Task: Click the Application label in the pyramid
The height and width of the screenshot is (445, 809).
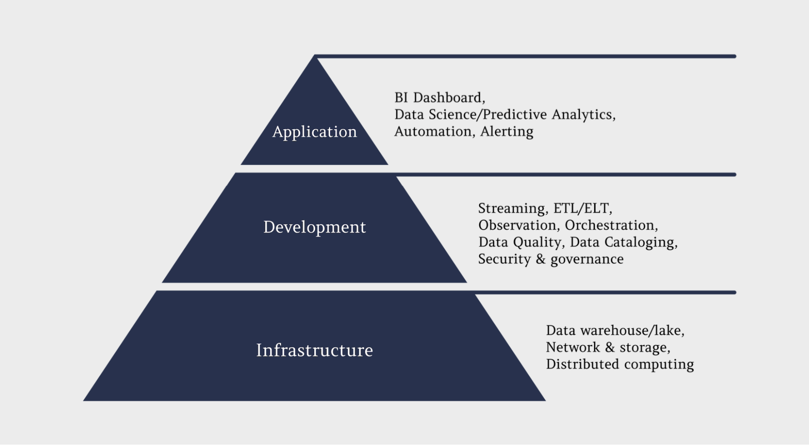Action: tap(314, 132)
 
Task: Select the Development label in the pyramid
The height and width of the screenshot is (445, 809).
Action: tap(314, 227)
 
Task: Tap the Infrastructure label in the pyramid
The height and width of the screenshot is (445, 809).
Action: tap(314, 350)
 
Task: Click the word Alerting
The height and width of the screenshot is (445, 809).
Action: tap(507, 132)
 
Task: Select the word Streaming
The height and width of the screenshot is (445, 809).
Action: tap(512, 209)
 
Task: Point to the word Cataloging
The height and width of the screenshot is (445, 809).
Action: tap(639, 243)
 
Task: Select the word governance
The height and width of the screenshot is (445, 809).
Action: tap(587, 260)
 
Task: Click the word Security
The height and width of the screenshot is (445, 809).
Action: tap(504, 259)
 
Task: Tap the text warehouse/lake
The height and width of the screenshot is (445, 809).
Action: tap(631, 331)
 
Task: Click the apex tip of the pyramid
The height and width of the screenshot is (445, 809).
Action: tap(314, 57)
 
